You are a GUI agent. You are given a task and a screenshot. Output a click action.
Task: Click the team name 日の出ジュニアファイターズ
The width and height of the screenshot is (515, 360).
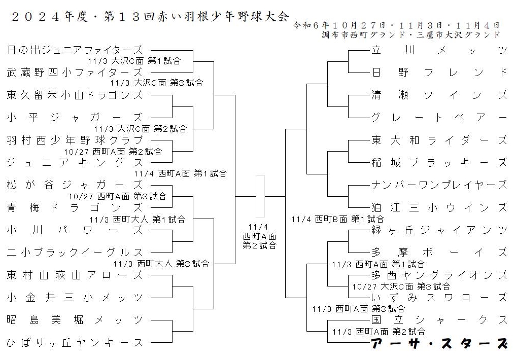pyautogui.click(x=75, y=50)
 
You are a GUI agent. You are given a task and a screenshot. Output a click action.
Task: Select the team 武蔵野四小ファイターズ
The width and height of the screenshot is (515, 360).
pyautogui.click(x=75, y=72)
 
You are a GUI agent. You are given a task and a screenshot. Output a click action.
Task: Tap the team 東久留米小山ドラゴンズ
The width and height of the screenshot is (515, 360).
pyautogui.click(x=75, y=95)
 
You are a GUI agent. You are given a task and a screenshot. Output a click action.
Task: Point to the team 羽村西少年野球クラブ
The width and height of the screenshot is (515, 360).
pyautogui.click(x=75, y=140)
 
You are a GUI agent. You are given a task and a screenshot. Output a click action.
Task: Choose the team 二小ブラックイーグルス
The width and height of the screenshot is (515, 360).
pyautogui.click(x=75, y=253)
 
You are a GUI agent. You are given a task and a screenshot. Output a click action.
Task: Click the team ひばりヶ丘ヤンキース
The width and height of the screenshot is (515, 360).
pyautogui.click(x=75, y=343)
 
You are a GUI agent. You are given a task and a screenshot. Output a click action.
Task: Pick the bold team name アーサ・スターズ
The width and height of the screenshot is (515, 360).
pyautogui.click(x=439, y=343)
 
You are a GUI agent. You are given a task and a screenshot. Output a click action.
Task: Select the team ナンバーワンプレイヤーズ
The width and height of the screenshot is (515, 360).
pyautogui.click(x=439, y=185)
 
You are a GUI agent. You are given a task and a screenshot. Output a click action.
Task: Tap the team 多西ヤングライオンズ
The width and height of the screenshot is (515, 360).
pyautogui.click(x=439, y=275)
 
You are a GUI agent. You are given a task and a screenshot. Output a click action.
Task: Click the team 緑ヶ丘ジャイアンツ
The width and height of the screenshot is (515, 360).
pyautogui.click(x=439, y=230)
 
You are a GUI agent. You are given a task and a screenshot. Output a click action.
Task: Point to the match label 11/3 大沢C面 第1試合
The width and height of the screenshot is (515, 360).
pyautogui.click(x=134, y=61)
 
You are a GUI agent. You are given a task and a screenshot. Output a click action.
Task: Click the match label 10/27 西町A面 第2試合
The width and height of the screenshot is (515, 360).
pyautogui.click(x=113, y=152)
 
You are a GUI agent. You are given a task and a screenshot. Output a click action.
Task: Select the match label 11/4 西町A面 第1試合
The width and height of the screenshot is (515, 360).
pyautogui.click(x=180, y=173)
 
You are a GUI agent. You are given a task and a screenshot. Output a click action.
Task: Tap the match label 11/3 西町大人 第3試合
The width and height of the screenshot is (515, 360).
pyautogui.click(x=161, y=264)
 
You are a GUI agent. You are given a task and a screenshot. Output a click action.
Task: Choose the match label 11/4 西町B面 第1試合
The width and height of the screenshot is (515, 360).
pyautogui.click(x=337, y=219)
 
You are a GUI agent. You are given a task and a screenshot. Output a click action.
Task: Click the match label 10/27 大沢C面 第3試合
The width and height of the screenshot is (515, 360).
pyautogui.click(x=401, y=287)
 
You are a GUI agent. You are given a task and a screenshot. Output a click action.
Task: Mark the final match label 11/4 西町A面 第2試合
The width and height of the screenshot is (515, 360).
pyautogui.click(x=259, y=236)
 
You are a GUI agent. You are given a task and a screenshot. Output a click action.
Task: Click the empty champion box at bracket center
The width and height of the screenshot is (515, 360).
pyautogui.click(x=260, y=197)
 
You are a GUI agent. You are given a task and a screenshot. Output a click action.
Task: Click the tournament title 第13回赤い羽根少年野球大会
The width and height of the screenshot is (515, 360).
pyautogui.click(x=196, y=16)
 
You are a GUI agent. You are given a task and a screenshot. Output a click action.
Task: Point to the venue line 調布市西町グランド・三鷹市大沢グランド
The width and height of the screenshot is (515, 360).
pyautogui.click(x=411, y=35)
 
